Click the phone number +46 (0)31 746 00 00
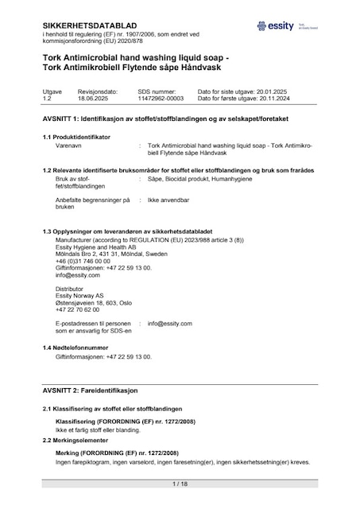tap(83, 262)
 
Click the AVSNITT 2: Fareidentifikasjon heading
tap(90, 391)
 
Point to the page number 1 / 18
tap(180, 484)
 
